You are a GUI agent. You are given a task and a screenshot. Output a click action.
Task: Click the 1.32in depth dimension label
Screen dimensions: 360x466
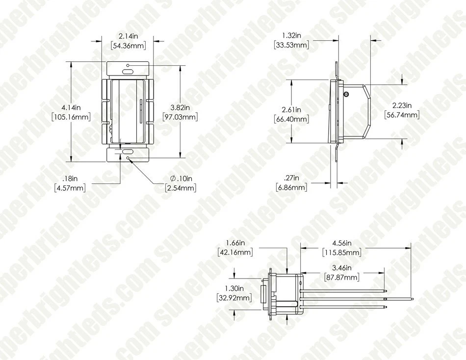pos(291,35)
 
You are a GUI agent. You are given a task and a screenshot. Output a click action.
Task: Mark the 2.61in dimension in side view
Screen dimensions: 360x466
pos(291,109)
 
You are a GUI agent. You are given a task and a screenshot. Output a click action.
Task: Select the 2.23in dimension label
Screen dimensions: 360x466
pos(402,105)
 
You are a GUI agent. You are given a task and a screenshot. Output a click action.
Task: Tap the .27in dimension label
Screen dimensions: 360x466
pos(291,178)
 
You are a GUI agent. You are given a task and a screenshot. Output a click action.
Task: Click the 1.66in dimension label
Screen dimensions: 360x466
pos(235,242)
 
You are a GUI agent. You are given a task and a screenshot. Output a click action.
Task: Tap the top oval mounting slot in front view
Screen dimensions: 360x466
pos(128,71)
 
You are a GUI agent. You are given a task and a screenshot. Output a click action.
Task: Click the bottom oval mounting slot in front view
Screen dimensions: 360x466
pos(128,152)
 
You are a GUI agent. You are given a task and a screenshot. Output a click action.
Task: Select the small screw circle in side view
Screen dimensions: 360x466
pos(347,93)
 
